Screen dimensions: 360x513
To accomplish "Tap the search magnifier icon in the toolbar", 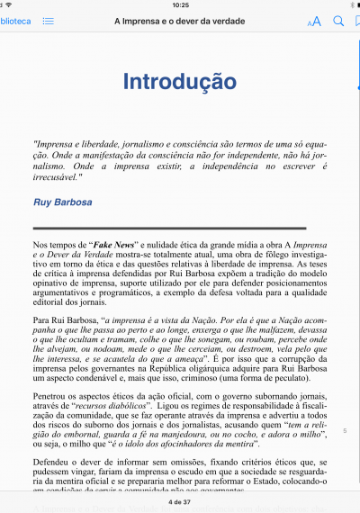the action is click(338, 20).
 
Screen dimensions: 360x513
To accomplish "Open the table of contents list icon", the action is click(48, 20).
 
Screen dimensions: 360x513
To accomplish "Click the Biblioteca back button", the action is click(15, 20).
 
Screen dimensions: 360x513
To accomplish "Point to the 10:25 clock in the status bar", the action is click(180, 4).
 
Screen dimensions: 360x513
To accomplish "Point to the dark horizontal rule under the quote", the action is click(168, 229).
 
